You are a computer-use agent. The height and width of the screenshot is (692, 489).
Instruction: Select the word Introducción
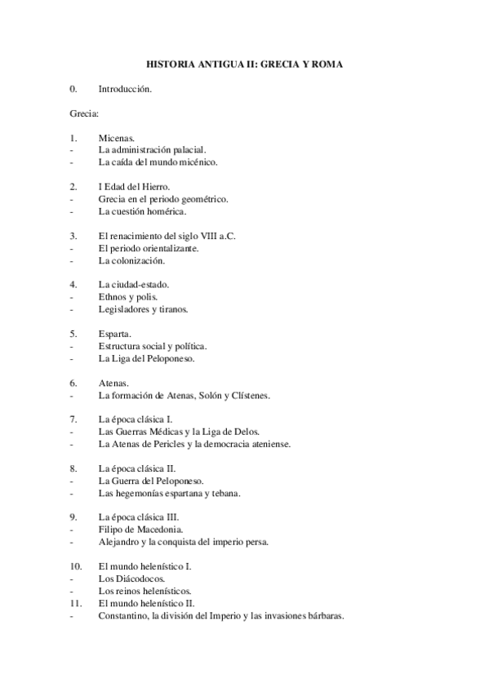[125, 88]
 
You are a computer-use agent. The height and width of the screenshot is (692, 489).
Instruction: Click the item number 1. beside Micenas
[74, 138]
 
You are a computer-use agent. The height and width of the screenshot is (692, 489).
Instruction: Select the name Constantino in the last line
[126, 616]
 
